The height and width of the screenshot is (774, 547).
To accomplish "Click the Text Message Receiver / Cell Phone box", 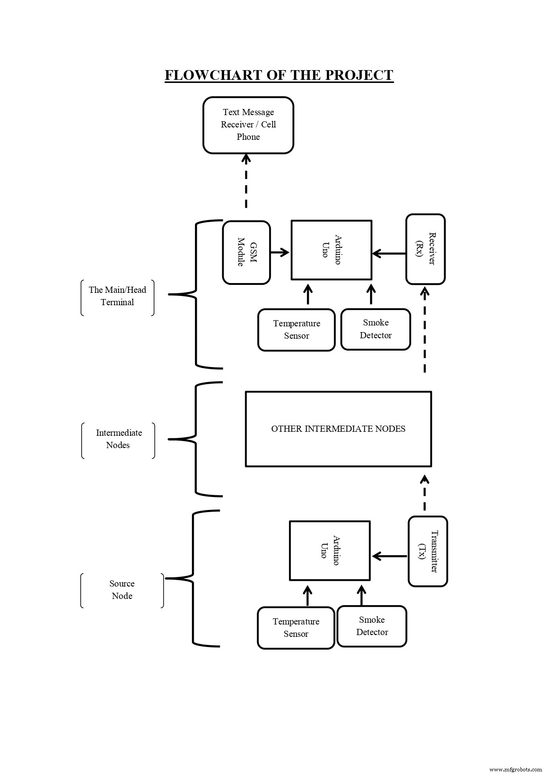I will (x=248, y=125).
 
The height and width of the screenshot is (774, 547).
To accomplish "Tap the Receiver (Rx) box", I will (x=425, y=249).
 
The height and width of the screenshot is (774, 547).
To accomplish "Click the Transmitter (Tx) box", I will (x=427, y=551).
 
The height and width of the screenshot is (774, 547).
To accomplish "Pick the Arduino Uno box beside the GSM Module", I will (x=331, y=250).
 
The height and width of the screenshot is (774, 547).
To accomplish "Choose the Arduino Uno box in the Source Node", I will (x=330, y=550).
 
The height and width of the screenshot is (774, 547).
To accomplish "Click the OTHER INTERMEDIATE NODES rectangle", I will (x=338, y=429).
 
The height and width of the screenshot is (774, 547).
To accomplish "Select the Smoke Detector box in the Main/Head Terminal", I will (x=375, y=329).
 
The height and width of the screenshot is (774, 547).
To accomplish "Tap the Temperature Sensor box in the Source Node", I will (x=296, y=628).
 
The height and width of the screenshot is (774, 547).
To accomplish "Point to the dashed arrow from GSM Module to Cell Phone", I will (x=246, y=182).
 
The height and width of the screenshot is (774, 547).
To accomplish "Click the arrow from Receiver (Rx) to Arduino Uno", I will (x=389, y=254).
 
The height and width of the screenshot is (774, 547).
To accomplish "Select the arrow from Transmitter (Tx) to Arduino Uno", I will (x=390, y=556).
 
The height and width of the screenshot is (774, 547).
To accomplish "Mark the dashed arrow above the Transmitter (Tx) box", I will (x=424, y=493).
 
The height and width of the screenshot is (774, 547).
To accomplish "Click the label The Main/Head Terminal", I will (x=117, y=296).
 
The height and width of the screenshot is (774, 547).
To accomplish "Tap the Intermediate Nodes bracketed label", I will (x=118, y=439).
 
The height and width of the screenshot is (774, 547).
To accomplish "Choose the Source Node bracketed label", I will (x=122, y=590).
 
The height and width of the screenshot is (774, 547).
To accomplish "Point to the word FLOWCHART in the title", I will (x=214, y=75).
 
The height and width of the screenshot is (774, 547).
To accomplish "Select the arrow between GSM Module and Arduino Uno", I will (x=280, y=253).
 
